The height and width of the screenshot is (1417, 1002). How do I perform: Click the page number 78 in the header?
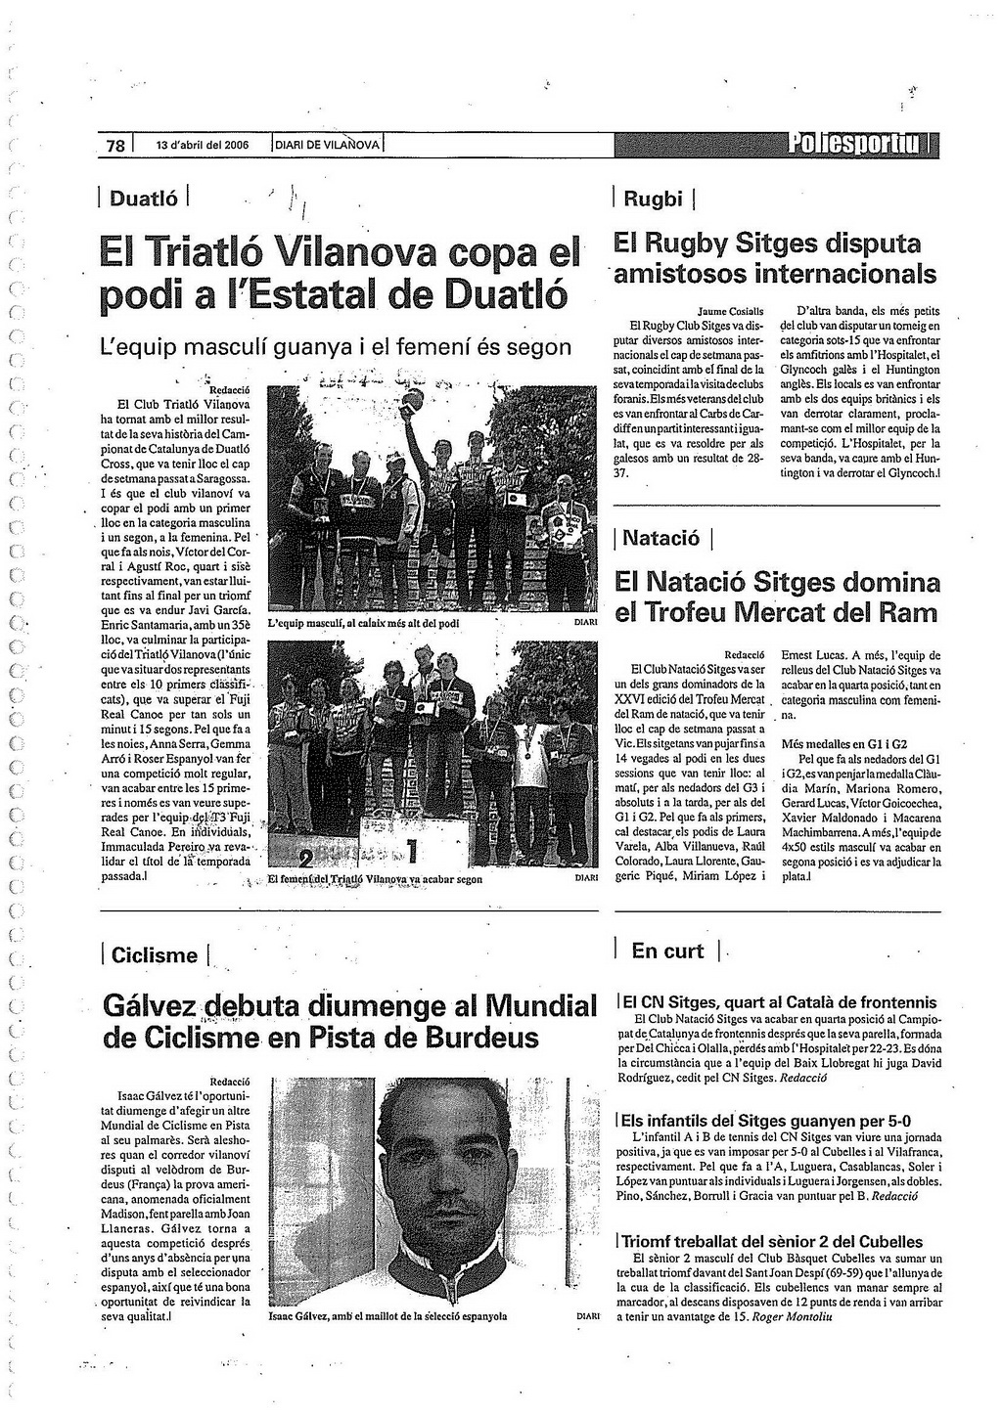115,146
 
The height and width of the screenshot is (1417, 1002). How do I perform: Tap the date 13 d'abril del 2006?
203,146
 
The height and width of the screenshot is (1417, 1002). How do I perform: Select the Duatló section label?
144,199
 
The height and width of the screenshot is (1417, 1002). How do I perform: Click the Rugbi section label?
653,199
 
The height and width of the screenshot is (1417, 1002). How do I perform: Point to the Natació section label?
661,538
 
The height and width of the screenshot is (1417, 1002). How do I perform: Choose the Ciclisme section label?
155,955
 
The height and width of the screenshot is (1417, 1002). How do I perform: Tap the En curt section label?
667,951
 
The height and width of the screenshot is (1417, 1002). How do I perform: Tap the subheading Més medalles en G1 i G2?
845,744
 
